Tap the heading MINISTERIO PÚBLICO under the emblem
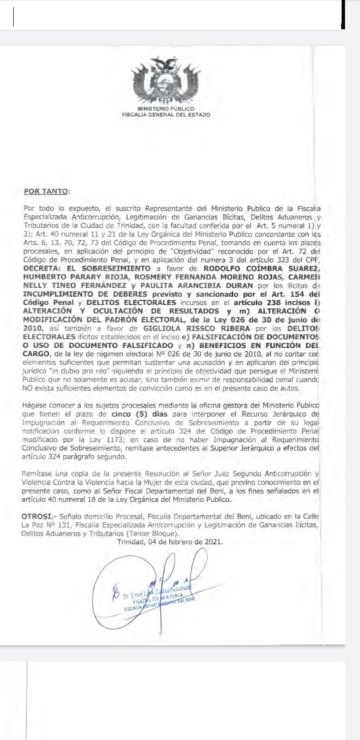pos(165,108)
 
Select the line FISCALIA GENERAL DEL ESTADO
pos(165,114)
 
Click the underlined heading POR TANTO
pos(46,192)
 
